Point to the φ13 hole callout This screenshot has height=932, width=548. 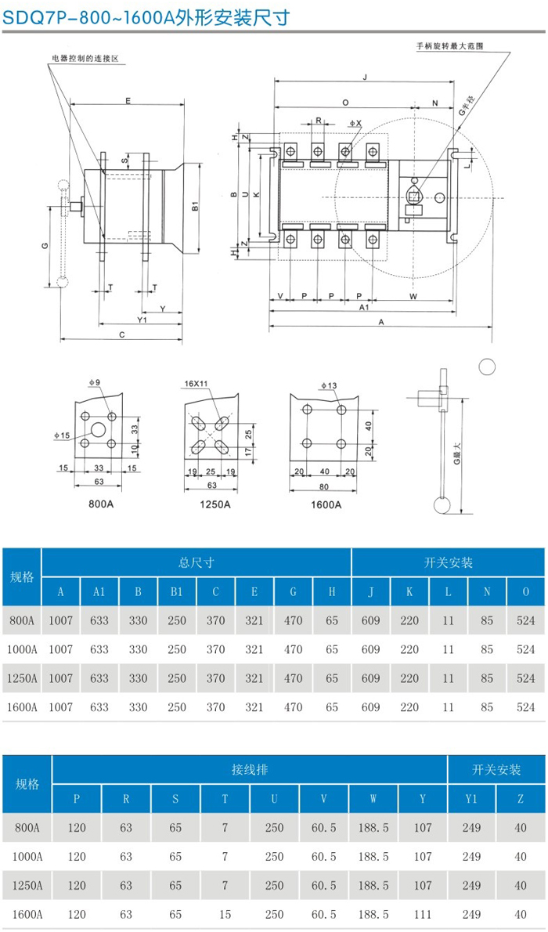[x=329, y=385]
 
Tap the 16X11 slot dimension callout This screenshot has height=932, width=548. [x=196, y=385]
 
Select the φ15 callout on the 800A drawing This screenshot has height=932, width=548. [x=62, y=435]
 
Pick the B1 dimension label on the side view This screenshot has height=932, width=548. [x=195, y=208]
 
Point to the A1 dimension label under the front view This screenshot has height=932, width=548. [x=364, y=309]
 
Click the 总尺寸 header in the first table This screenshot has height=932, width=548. [x=196, y=562]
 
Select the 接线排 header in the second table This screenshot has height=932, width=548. [x=250, y=770]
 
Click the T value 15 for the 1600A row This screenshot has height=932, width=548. [x=225, y=914]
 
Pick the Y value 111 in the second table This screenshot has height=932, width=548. [x=423, y=914]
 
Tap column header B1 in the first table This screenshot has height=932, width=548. [x=177, y=592]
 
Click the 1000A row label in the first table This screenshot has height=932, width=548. [x=22, y=649]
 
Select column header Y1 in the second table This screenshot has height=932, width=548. [x=471, y=799]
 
